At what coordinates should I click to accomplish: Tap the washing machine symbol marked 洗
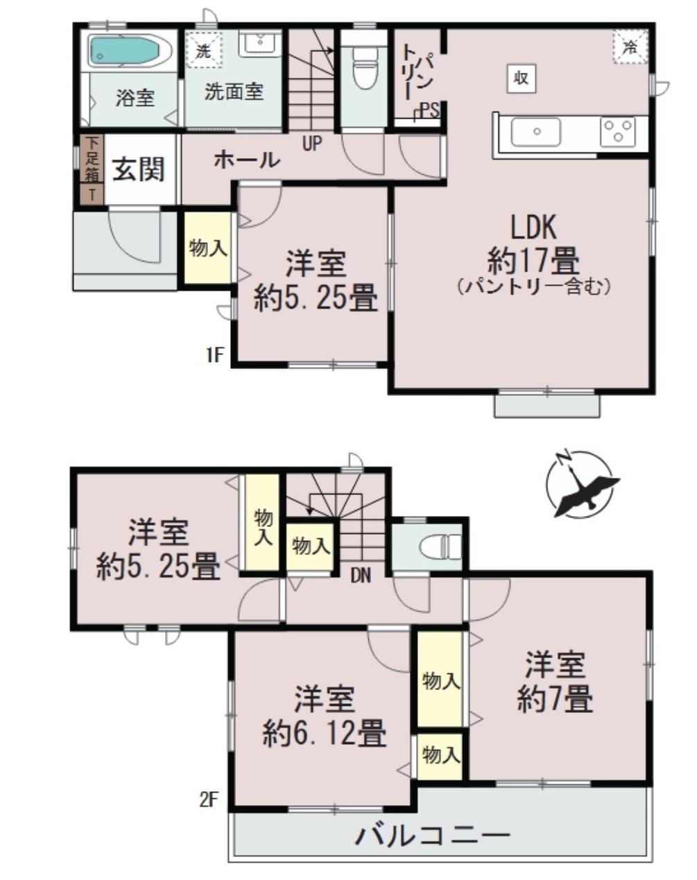[204, 50]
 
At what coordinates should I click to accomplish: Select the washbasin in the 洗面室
[260, 44]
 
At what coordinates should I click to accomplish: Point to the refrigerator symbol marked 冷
[630, 46]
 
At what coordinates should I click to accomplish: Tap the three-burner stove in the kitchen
[618, 132]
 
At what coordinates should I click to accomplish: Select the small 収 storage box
[522, 78]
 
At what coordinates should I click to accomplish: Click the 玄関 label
[139, 170]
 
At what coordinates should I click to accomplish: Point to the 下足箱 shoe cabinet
[92, 159]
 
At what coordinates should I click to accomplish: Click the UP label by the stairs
[312, 144]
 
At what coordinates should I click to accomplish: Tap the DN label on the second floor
[361, 576]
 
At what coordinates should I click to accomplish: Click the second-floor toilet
[441, 546]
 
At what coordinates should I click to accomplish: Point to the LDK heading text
[533, 227]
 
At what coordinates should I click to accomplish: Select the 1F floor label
[215, 355]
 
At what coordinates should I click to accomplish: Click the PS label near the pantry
[430, 110]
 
